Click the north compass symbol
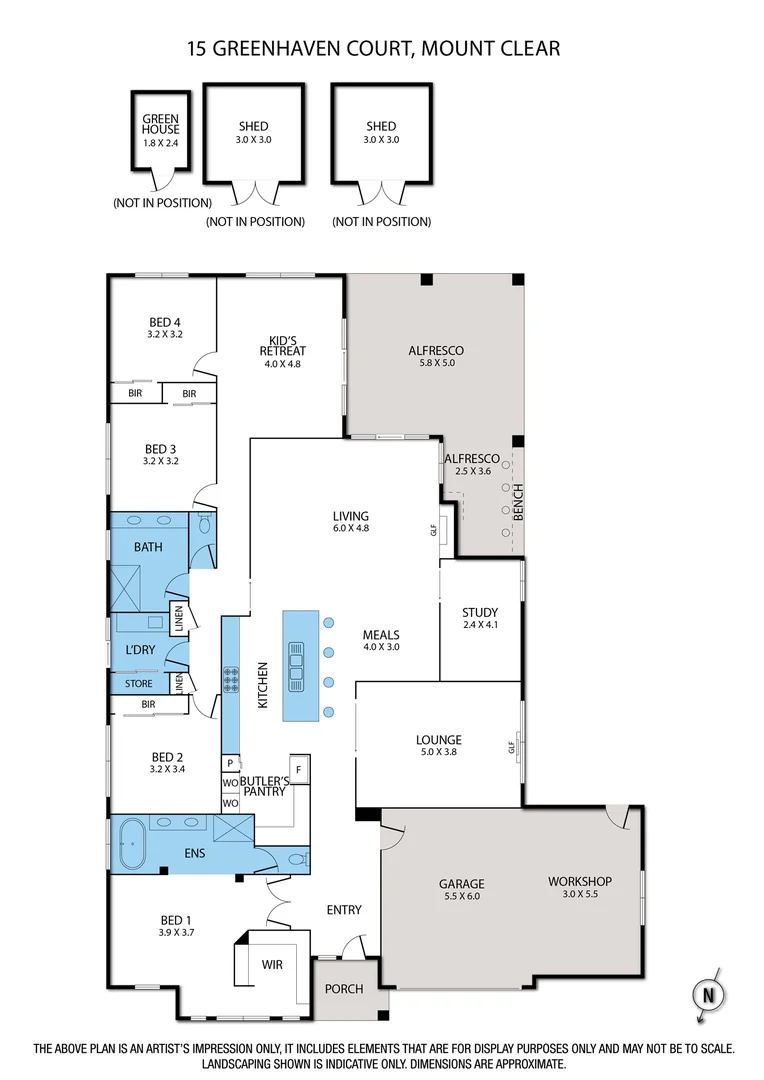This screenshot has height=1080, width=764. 709,995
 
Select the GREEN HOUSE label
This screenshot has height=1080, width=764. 160,124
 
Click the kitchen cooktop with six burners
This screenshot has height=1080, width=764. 231,681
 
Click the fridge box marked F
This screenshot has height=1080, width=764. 299,770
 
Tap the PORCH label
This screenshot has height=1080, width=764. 345,989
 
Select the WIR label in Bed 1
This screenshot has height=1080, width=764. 273,966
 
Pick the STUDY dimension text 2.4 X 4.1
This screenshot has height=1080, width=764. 480,625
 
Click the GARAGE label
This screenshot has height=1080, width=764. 461,884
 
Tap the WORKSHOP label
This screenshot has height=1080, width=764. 579,881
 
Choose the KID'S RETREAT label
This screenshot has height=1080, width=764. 281,345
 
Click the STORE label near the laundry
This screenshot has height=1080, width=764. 139,684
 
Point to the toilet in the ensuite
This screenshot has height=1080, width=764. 294,859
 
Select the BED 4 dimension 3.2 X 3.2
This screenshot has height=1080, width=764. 164,334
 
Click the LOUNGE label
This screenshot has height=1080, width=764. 438,740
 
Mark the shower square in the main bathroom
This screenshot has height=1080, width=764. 128,586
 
